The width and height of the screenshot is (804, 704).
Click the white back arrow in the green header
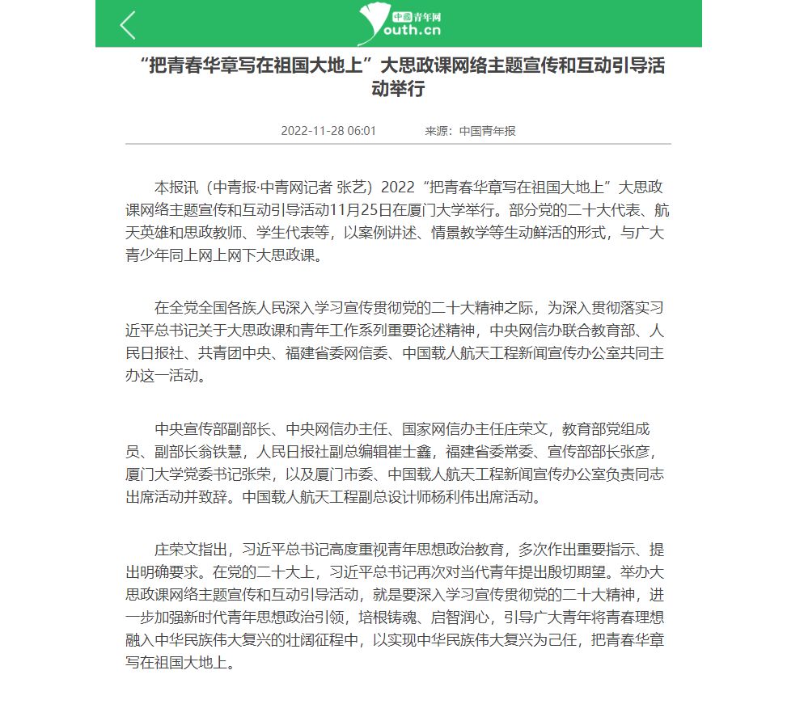click(x=128, y=25)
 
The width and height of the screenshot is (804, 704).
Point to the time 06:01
click(x=362, y=131)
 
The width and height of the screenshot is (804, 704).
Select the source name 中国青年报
click(x=488, y=131)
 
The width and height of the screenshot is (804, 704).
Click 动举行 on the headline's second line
click(x=397, y=89)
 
